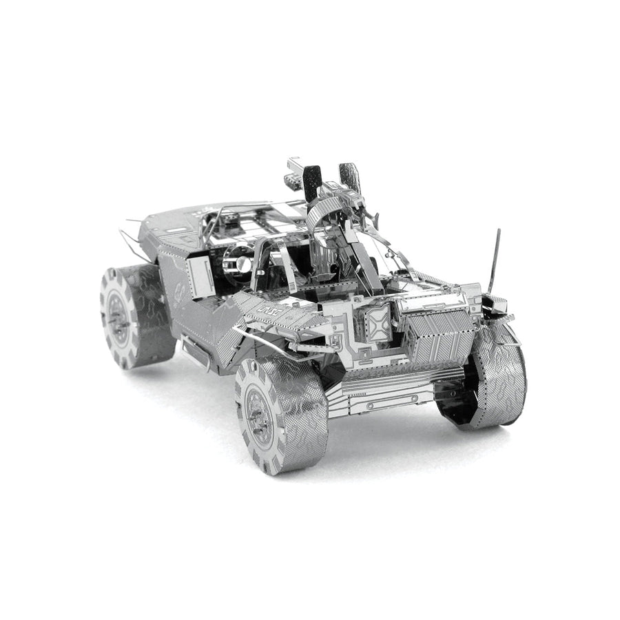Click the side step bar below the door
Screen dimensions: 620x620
[x=196, y=351]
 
